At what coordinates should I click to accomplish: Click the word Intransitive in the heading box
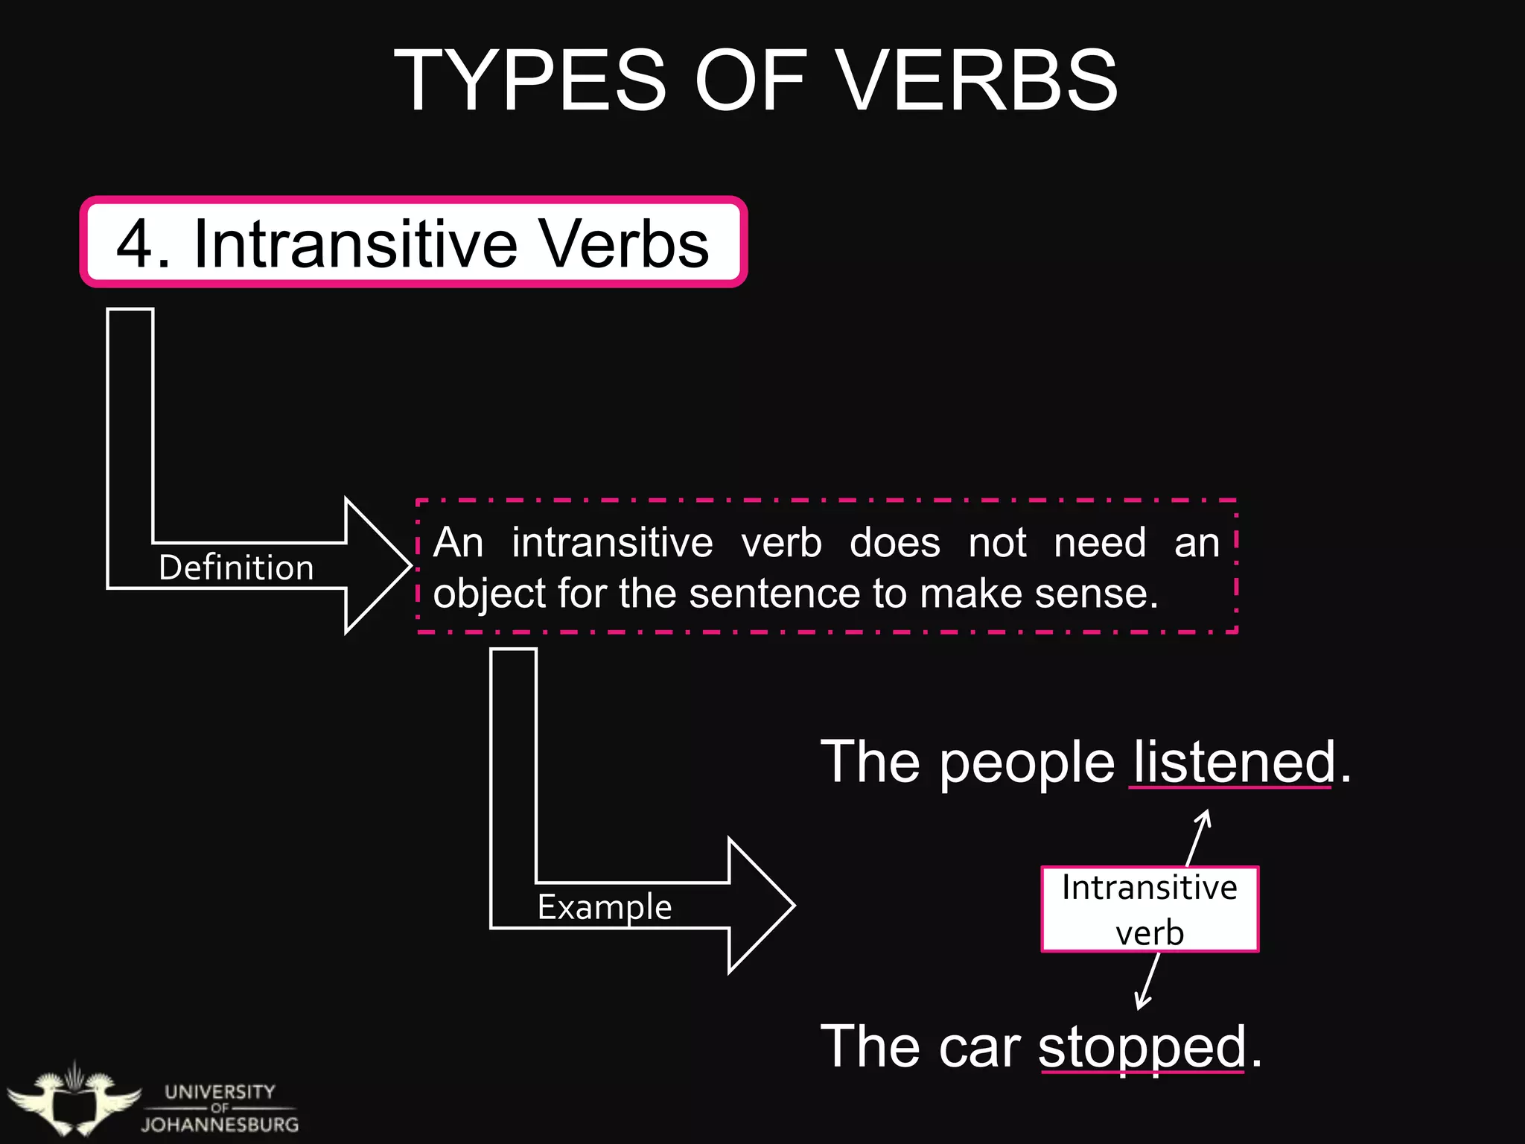[355, 244]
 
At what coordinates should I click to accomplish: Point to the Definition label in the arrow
[236, 568]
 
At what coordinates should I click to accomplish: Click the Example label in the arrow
[605, 906]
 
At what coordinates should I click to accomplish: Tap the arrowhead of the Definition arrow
[378, 566]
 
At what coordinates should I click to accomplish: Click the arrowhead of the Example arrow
[761, 906]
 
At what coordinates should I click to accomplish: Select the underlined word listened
[1232, 762]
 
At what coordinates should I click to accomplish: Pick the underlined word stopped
[1142, 1046]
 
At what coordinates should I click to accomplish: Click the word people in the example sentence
[1027, 763]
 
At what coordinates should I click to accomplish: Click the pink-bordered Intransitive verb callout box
[1150, 909]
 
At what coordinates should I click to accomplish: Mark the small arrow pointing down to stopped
[1147, 982]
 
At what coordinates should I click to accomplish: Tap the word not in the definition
[997, 542]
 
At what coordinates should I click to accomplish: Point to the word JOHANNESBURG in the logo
[220, 1125]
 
